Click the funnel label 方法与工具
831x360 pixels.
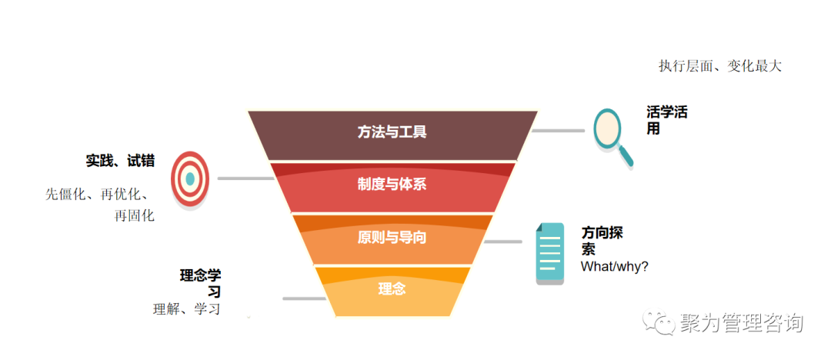click(x=392, y=132)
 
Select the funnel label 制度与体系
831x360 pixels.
click(x=392, y=185)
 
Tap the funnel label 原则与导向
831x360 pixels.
click(x=392, y=237)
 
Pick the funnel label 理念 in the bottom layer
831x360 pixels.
click(x=392, y=289)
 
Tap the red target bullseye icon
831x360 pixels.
click(x=190, y=178)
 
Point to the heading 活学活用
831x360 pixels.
click(x=666, y=120)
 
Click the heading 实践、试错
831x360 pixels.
click(x=120, y=161)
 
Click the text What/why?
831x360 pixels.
click(x=615, y=266)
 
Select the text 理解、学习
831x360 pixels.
click(x=187, y=309)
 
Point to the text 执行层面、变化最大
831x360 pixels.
click(x=719, y=66)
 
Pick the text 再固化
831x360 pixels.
click(x=134, y=215)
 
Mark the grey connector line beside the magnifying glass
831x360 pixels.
click(x=558, y=131)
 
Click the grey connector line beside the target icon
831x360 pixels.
click(x=245, y=178)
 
